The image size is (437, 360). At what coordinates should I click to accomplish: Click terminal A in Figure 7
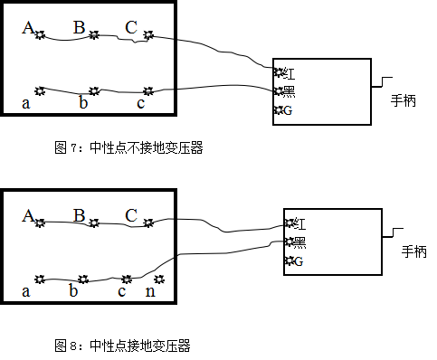(x=40, y=36)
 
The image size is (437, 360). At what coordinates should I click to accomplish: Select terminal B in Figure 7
(x=93, y=36)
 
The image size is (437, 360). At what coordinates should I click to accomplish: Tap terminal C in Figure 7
(x=148, y=36)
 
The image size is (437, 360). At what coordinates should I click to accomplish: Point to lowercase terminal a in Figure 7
(x=40, y=90)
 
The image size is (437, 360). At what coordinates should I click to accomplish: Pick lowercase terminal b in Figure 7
(x=93, y=90)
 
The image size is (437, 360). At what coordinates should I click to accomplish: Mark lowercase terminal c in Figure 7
(x=148, y=90)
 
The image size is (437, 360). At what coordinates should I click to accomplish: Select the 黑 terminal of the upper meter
(x=279, y=91)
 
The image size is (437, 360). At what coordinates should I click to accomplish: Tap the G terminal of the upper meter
(x=279, y=110)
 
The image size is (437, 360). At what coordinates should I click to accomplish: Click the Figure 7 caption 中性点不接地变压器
(x=129, y=149)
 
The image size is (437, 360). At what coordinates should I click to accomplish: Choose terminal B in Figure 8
(x=93, y=222)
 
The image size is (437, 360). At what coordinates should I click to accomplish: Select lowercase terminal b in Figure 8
(x=83, y=279)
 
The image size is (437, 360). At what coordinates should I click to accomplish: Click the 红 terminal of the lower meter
(x=290, y=223)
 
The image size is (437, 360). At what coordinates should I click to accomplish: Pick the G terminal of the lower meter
(x=290, y=261)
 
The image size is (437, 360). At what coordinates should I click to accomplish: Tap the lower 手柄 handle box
(x=413, y=252)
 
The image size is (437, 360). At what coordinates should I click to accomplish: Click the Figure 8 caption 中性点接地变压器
(x=123, y=346)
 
